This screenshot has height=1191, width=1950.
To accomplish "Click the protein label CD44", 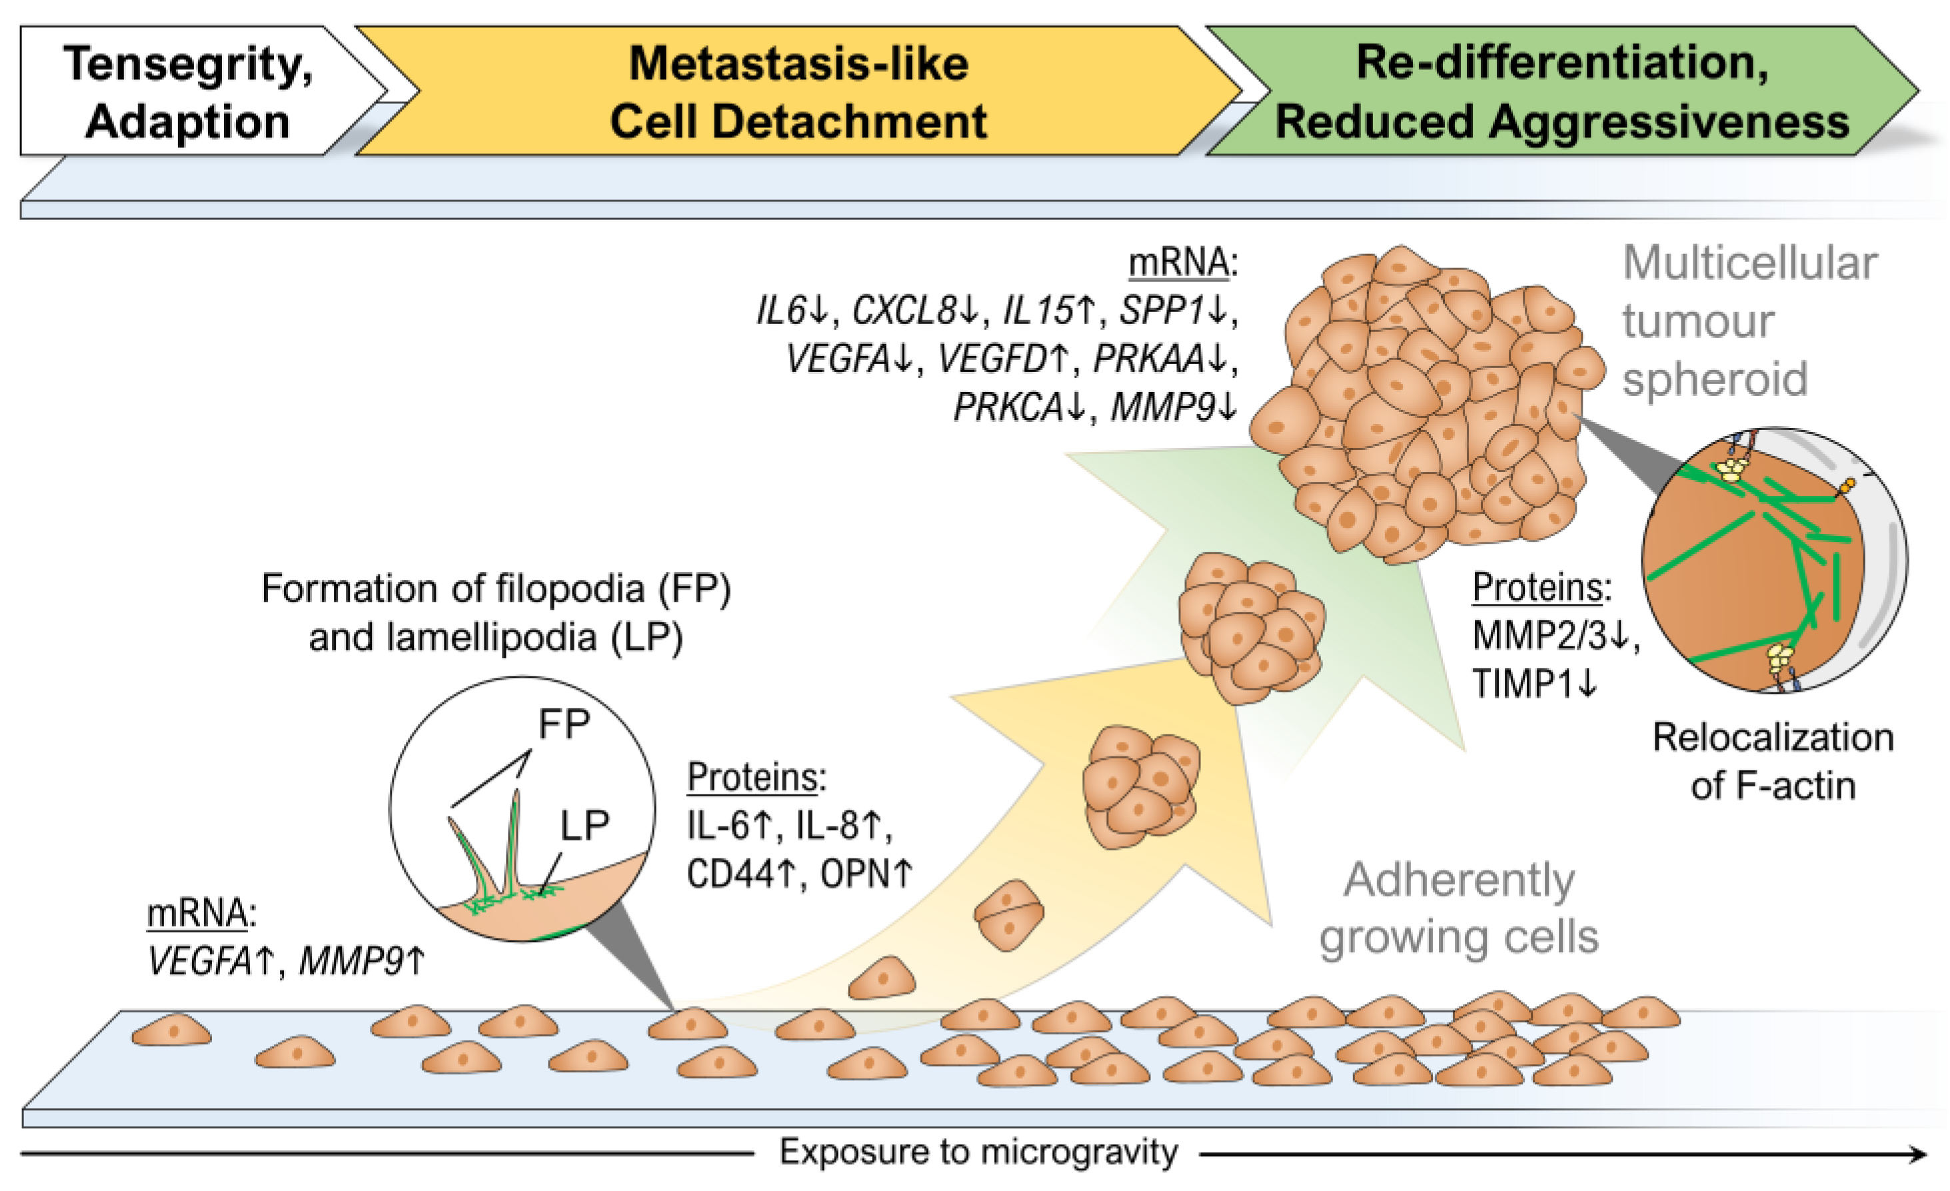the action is coord(730,874).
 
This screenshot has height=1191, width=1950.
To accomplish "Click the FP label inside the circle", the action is coord(564,723).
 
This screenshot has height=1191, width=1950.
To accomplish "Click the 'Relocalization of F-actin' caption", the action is coord(1773,761).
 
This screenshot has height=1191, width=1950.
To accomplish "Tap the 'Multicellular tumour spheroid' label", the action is coord(1749,321).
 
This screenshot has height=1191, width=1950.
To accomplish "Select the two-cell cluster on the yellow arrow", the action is coord(1008,915).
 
